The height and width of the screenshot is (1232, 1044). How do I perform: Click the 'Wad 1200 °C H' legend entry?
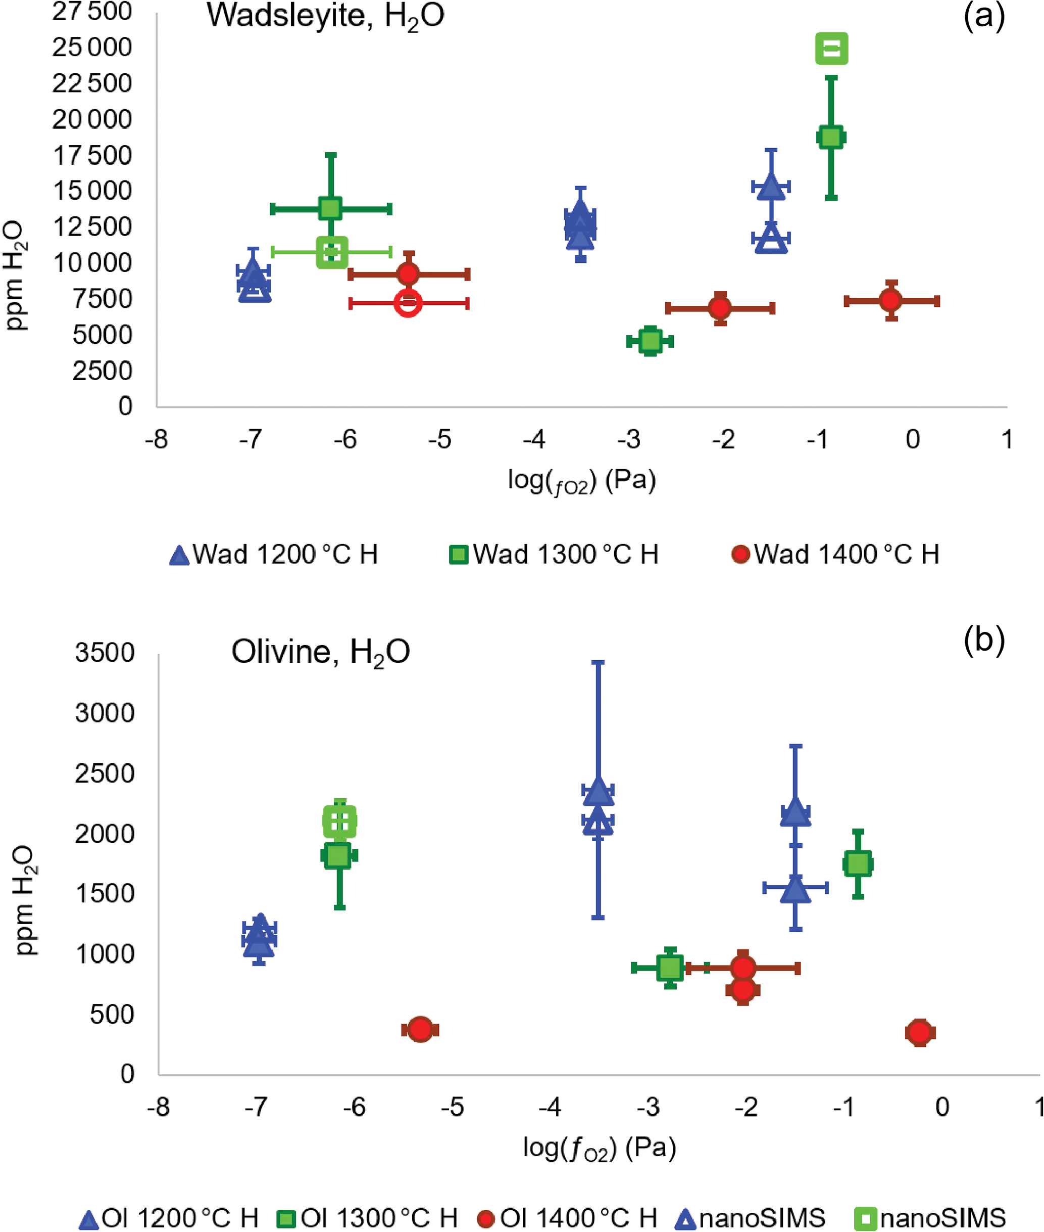click(273, 555)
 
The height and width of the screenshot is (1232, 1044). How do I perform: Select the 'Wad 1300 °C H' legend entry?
click(554, 555)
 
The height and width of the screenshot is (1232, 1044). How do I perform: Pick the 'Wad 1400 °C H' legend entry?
click(835, 555)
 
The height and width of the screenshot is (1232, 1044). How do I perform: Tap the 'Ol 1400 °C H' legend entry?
click(568, 1218)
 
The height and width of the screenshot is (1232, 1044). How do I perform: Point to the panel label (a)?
click(983, 16)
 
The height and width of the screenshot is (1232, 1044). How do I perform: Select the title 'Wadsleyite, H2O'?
click(325, 16)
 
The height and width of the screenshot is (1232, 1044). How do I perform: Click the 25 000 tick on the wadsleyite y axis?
click(92, 48)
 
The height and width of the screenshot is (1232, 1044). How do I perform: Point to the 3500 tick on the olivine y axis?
click(105, 653)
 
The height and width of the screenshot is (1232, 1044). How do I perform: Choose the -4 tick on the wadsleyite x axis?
click(534, 439)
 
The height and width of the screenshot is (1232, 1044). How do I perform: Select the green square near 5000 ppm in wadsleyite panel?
click(651, 341)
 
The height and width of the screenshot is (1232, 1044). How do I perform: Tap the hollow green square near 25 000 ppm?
click(831, 49)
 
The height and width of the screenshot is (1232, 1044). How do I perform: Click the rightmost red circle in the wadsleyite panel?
click(891, 301)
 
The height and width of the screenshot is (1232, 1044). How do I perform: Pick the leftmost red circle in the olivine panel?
click(420, 1029)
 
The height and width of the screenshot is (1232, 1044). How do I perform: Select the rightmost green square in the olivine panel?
click(858, 863)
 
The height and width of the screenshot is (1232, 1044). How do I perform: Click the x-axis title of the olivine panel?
click(599, 1149)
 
